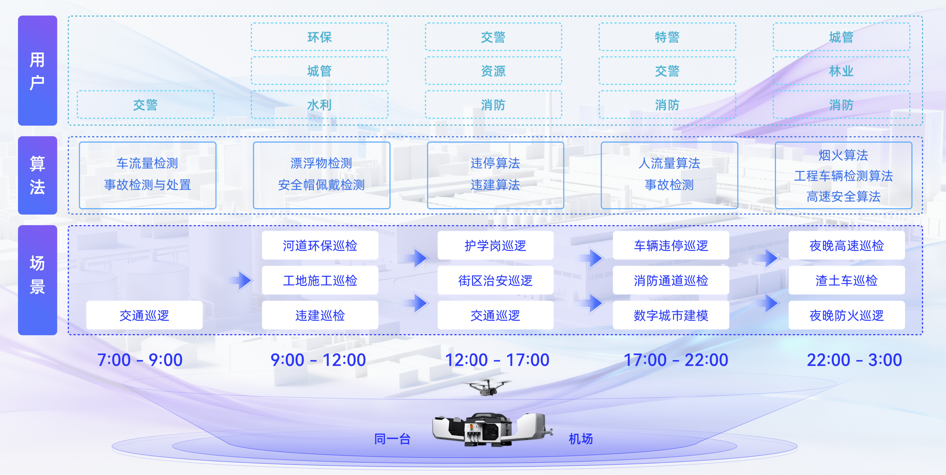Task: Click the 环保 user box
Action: click(320, 37)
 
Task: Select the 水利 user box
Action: click(320, 105)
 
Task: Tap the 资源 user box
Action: click(493, 71)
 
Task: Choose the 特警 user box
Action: click(667, 37)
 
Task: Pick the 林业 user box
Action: click(841, 71)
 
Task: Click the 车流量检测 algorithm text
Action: click(147, 163)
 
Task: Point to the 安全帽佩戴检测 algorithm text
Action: click(321, 185)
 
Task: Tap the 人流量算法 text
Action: click(669, 163)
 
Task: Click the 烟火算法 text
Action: click(843, 155)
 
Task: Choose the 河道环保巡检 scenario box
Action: click(320, 245)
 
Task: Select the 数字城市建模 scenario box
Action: click(671, 315)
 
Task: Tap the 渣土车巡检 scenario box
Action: click(846, 280)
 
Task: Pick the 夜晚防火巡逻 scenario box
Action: click(846, 315)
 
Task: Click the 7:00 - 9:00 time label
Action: click(140, 360)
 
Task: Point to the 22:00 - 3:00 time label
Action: click(854, 360)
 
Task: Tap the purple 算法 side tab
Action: click(37, 175)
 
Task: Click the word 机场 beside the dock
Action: click(581, 439)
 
